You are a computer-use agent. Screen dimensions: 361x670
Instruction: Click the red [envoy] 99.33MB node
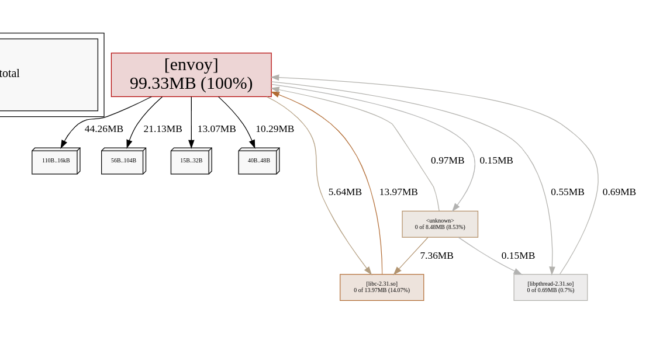[191, 75]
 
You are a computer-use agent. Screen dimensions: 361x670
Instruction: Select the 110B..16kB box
[55, 162]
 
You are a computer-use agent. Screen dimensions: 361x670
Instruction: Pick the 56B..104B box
[123, 162]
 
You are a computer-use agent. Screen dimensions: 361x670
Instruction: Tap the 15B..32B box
[191, 162]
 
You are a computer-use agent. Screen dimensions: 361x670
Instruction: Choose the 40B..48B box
[258, 162]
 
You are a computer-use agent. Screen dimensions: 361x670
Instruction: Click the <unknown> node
[440, 224]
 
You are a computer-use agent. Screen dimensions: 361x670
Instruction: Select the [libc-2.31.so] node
[382, 287]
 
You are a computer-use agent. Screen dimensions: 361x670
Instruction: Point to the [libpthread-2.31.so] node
[550, 287]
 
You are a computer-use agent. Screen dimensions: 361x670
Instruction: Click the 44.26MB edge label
[103, 129]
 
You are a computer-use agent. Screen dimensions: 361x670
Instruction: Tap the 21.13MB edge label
[163, 129]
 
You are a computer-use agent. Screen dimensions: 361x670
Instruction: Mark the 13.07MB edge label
[216, 129]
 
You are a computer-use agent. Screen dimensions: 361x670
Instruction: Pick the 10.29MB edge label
[275, 129]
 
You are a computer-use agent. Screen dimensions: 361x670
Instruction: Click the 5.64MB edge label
[345, 192]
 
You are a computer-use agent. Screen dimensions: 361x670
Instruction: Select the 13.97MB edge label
[398, 192]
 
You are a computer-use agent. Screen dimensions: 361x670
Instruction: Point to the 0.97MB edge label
[447, 160]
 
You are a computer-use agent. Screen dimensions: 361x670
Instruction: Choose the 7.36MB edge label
[436, 255]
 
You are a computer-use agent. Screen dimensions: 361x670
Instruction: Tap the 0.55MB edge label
[567, 192]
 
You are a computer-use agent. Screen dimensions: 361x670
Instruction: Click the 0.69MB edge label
[619, 192]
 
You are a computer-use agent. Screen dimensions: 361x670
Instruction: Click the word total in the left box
[9, 74]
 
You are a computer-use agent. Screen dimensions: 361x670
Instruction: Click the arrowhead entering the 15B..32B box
[191, 144]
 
